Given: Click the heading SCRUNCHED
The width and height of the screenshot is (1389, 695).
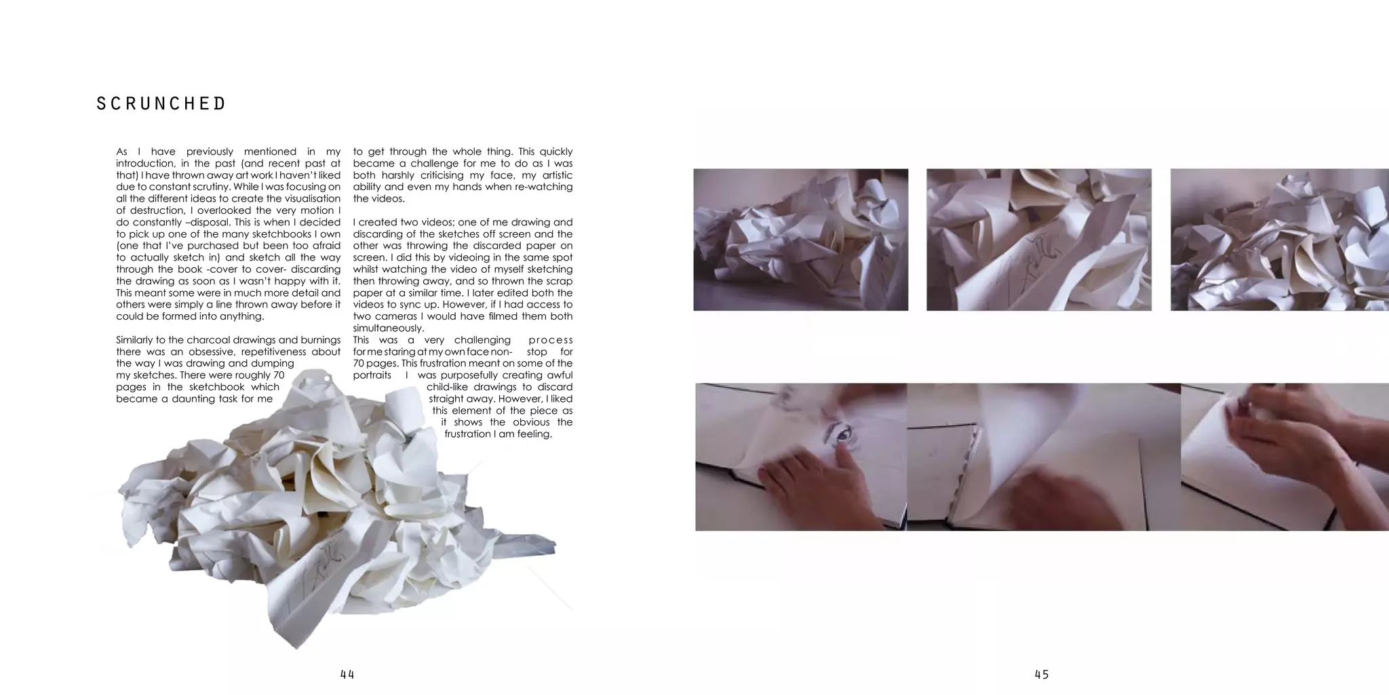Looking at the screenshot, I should click(x=161, y=104).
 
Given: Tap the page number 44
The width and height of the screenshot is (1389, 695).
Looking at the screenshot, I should click(x=347, y=675).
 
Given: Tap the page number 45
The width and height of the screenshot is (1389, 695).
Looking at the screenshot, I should click(x=1042, y=675).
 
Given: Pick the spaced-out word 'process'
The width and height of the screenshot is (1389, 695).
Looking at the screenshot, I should click(x=551, y=340).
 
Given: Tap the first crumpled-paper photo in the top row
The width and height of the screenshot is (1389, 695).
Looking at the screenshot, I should click(x=800, y=240).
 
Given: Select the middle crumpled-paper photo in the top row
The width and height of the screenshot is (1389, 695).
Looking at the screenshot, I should click(x=1039, y=240).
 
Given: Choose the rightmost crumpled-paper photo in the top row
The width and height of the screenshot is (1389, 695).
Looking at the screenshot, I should click(x=1279, y=240).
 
